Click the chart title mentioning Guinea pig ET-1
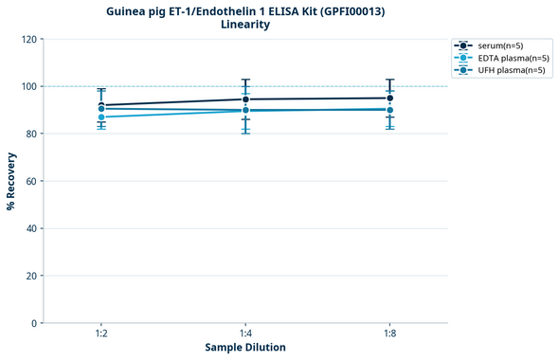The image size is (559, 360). pyautogui.click(x=245, y=11)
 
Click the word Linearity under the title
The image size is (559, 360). pyautogui.click(x=245, y=25)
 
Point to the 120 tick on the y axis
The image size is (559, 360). pyautogui.click(x=28, y=39)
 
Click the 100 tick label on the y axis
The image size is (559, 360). pyautogui.click(x=28, y=86)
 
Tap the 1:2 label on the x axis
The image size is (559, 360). pyautogui.click(x=101, y=334)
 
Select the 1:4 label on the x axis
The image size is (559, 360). pyautogui.click(x=245, y=334)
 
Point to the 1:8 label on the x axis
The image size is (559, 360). pyautogui.click(x=389, y=334)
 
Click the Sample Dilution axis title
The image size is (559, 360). pyautogui.click(x=245, y=348)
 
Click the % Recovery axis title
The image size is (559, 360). pyautogui.click(x=11, y=181)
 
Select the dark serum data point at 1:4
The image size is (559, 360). pyautogui.click(x=245, y=99)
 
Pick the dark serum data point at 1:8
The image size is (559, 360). pyautogui.click(x=389, y=98)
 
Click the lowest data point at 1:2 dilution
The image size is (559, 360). pyautogui.click(x=101, y=117)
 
